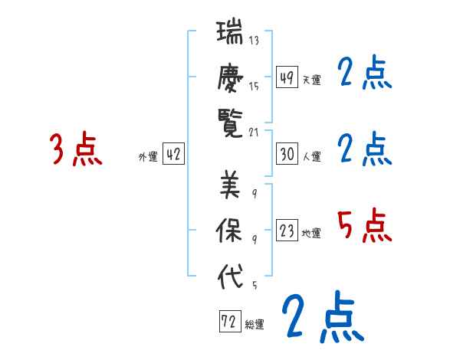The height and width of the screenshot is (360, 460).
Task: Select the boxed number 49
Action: pos(287,78)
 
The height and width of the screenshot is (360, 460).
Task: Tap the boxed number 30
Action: pos(287,154)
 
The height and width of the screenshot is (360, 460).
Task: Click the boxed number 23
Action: pos(287,231)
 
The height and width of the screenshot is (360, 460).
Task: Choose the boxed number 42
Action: pos(173,154)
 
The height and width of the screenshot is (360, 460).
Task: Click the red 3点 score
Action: pos(76,149)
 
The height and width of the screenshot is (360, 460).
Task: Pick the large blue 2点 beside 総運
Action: pos(322,318)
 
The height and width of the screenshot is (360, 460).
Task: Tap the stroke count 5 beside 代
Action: pos(254,286)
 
